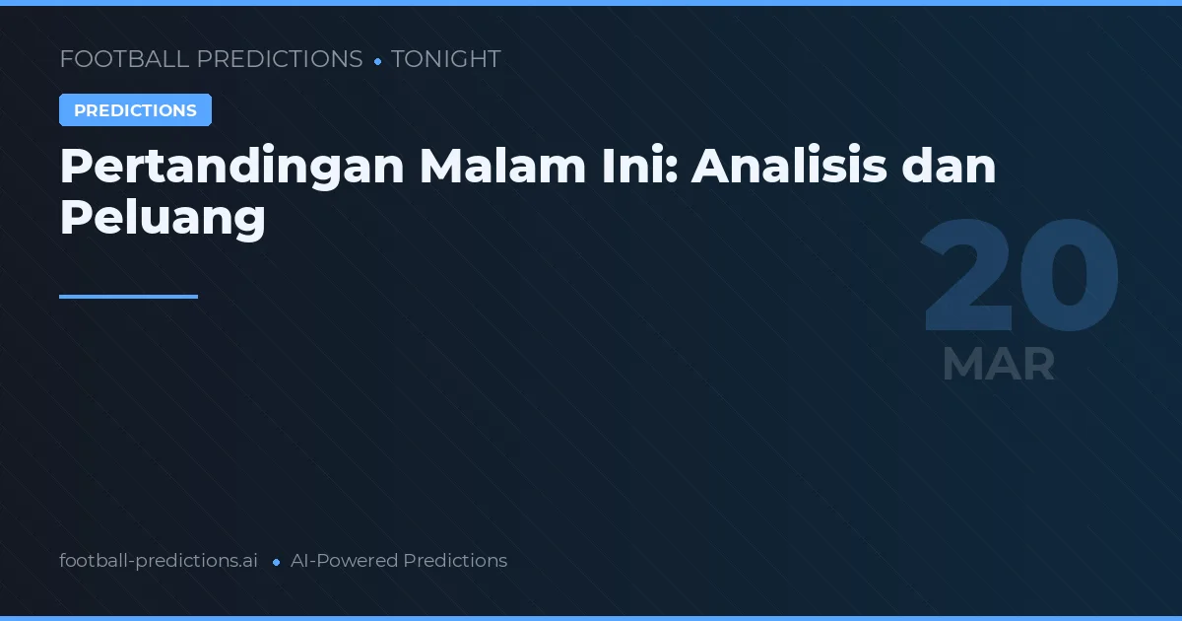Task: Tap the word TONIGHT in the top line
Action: coord(446,59)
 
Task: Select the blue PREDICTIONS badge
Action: coord(135,110)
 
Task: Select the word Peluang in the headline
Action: coord(163,217)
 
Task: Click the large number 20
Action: coord(1019,279)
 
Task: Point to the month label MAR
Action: coord(998,365)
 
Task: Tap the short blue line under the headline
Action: coord(128,296)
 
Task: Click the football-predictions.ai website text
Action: coord(159,561)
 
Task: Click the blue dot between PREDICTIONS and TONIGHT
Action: coord(377,61)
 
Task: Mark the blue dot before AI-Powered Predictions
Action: coord(277,562)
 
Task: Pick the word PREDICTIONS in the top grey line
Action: coord(280,59)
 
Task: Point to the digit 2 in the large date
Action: coord(970,279)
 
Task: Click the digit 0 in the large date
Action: coord(1071,279)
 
